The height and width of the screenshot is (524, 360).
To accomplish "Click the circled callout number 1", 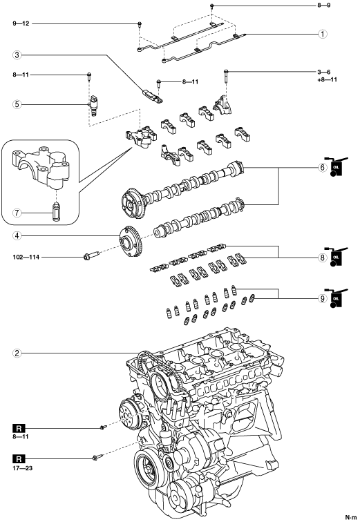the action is [323, 34].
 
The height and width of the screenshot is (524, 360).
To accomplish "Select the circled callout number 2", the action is [17, 353].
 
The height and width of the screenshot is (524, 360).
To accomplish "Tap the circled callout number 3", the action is [17, 55].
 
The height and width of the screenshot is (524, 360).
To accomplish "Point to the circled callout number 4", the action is [17, 235].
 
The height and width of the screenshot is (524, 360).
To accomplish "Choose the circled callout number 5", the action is [17, 104].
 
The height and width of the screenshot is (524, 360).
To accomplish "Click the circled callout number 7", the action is [17, 213].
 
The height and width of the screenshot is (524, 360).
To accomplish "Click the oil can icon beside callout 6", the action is [336, 166].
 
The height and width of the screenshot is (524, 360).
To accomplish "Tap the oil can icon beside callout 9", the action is [336, 298].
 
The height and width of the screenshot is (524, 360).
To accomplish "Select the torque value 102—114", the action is [26, 257].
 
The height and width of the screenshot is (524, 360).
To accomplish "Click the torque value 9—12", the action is [21, 23].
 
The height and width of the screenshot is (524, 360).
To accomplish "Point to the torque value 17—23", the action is [23, 468].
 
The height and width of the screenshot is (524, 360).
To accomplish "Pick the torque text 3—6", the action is [324, 72].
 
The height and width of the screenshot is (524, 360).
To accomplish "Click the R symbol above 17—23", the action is [19, 458].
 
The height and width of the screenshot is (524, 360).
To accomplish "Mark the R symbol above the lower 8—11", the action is [19, 428].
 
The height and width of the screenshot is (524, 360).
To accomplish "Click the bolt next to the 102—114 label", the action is [91, 255].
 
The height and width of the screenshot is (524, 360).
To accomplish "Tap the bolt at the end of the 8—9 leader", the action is [211, 6].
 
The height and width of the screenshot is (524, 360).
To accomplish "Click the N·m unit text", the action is [351, 518].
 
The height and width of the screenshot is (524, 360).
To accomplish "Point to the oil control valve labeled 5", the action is [93, 106].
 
